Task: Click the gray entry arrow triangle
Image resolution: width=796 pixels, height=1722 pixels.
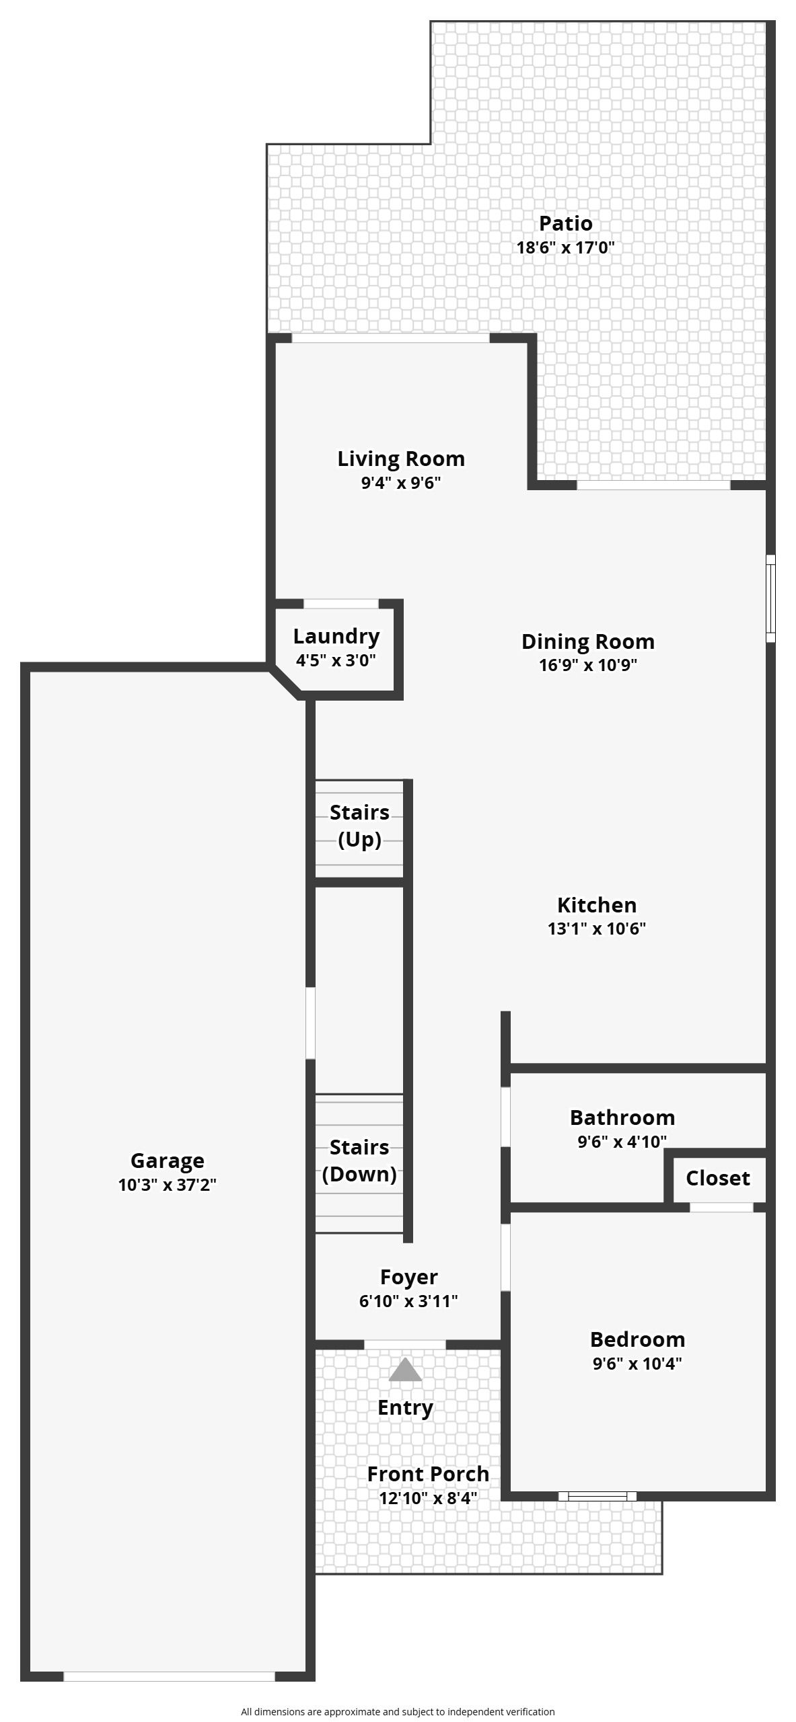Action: [x=405, y=1369]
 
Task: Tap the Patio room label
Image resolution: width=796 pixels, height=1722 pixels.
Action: [x=566, y=223]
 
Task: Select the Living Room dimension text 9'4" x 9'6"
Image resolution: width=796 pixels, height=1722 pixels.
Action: [x=401, y=483]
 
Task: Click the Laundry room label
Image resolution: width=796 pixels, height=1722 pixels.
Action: [x=336, y=636]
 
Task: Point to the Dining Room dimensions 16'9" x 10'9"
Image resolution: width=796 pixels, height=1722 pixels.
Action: [x=588, y=665]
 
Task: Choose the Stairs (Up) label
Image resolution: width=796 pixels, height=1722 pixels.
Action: [x=359, y=826]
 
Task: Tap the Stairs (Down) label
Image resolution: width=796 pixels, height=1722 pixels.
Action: [x=359, y=1161]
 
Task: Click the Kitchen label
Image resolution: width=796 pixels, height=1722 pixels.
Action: [x=597, y=904]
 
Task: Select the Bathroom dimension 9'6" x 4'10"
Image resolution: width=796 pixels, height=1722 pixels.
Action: [x=622, y=1141]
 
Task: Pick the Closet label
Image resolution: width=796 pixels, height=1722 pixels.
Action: [x=718, y=1178]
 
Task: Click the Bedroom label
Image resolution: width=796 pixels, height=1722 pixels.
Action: [x=638, y=1339]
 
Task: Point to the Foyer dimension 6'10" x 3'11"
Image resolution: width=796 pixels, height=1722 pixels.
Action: [x=408, y=1301]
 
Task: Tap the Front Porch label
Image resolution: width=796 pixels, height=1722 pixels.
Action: [x=428, y=1474]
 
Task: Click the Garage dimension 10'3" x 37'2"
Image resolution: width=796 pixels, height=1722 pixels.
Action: [x=167, y=1185]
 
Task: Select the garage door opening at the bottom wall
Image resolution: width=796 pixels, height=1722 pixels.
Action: [x=169, y=1676]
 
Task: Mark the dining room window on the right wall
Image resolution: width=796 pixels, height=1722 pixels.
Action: [x=771, y=598]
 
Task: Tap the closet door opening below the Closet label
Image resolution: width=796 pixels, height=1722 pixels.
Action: [x=721, y=1207]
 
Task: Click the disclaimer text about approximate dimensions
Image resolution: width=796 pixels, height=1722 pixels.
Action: [x=398, y=1711]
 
